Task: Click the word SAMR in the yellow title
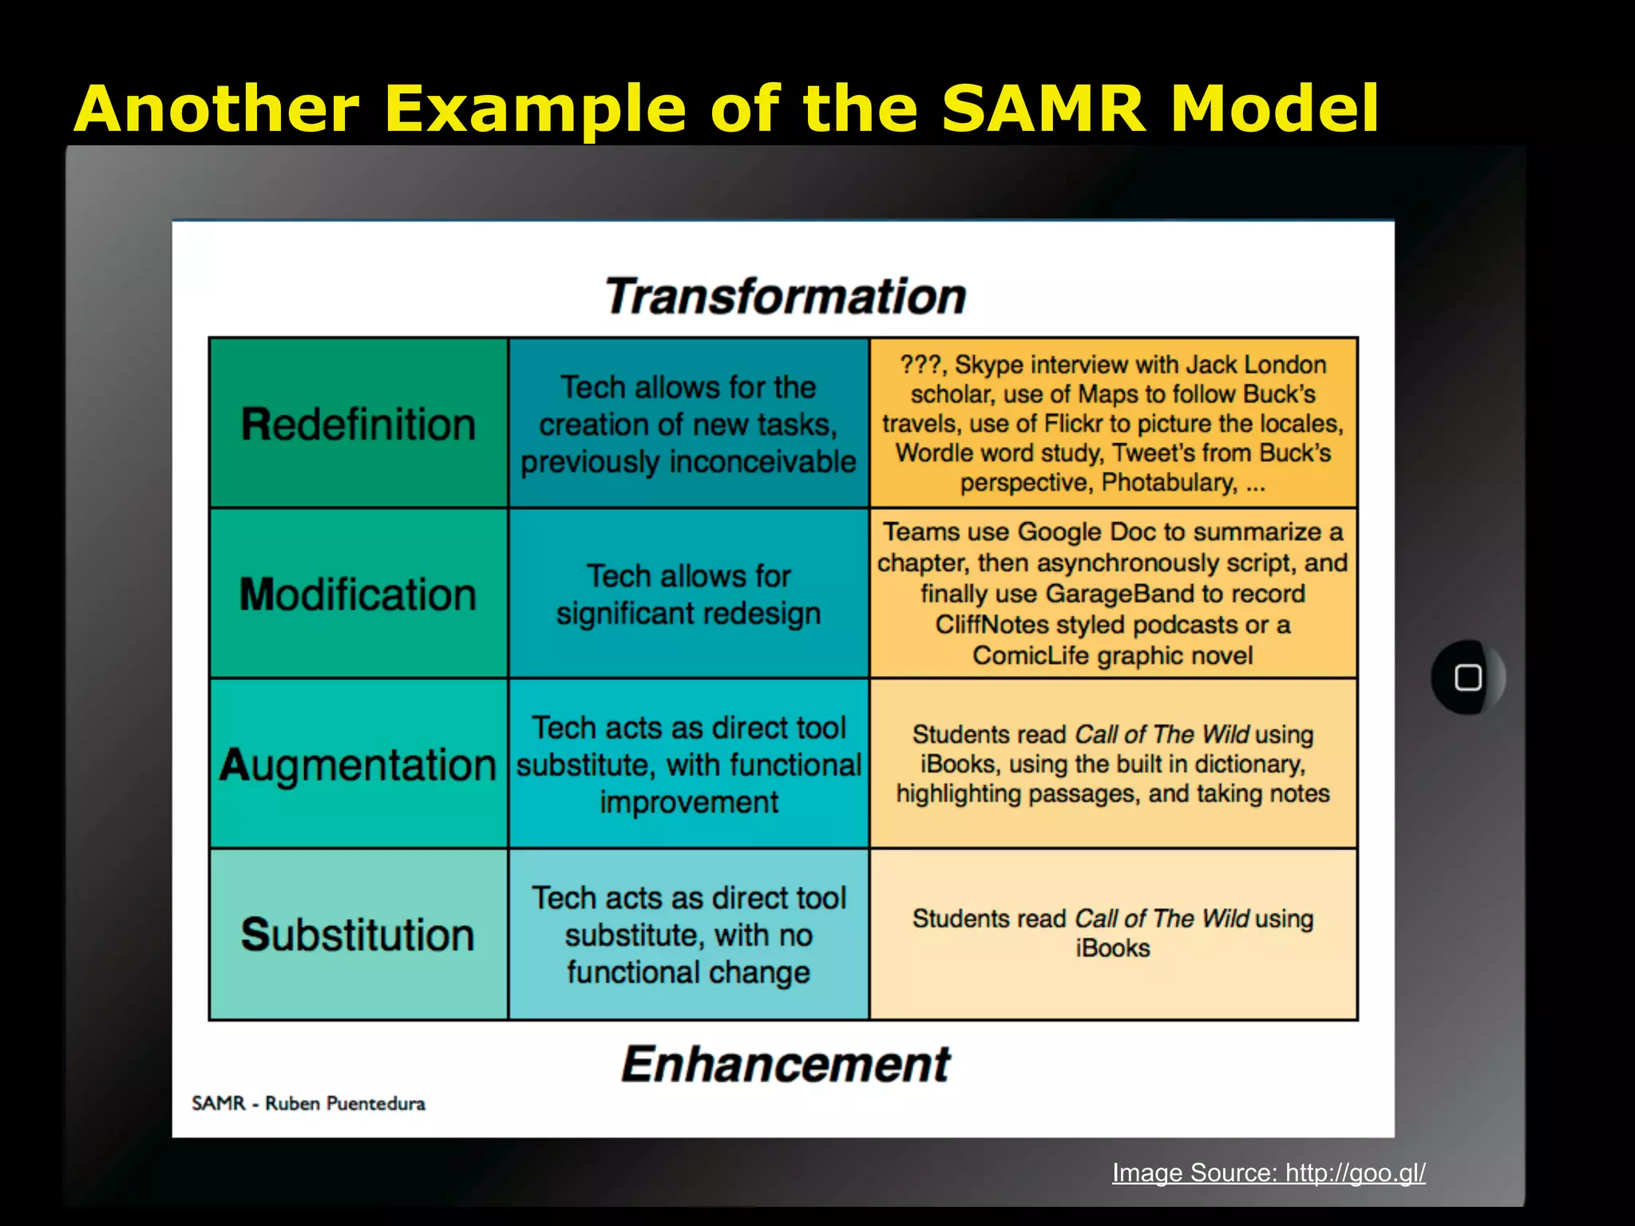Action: tap(1043, 109)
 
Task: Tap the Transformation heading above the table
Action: tap(786, 296)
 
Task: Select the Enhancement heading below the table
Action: tap(786, 1065)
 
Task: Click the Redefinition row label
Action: tap(358, 424)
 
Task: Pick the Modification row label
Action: tap(358, 595)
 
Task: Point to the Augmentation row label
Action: tap(358, 765)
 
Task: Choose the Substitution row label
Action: tap(358, 935)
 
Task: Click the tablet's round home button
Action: tap(1467, 678)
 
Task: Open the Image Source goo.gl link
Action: tap(1269, 1173)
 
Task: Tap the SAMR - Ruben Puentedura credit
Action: tap(308, 1103)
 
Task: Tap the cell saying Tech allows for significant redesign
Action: tap(688, 595)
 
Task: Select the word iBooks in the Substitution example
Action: tap(1112, 948)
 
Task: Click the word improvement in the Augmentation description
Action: tap(688, 802)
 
